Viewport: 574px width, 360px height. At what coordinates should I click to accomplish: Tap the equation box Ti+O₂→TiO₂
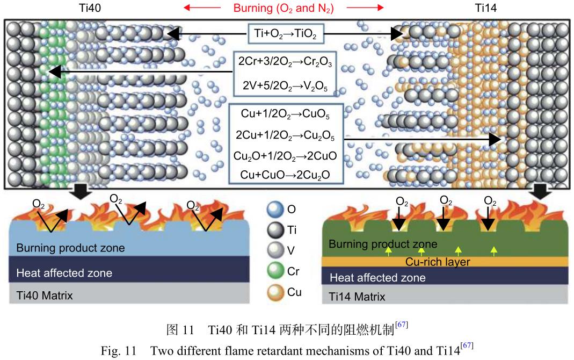pyautogui.click(x=285, y=35)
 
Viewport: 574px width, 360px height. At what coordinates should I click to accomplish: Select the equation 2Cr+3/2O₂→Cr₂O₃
pyautogui.click(x=285, y=63)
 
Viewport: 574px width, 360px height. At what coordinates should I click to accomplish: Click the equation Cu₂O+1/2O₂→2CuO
pyautogui.click(x=285, y=155)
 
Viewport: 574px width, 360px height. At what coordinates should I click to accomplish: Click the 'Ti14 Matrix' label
pyautogui.click(x=357, y=296)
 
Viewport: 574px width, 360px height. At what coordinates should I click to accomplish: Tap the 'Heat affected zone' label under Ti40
pyautogui.click(x=64, y=273)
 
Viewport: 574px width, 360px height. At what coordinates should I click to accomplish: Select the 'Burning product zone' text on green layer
pyautogui.click(x=383, y=244)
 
